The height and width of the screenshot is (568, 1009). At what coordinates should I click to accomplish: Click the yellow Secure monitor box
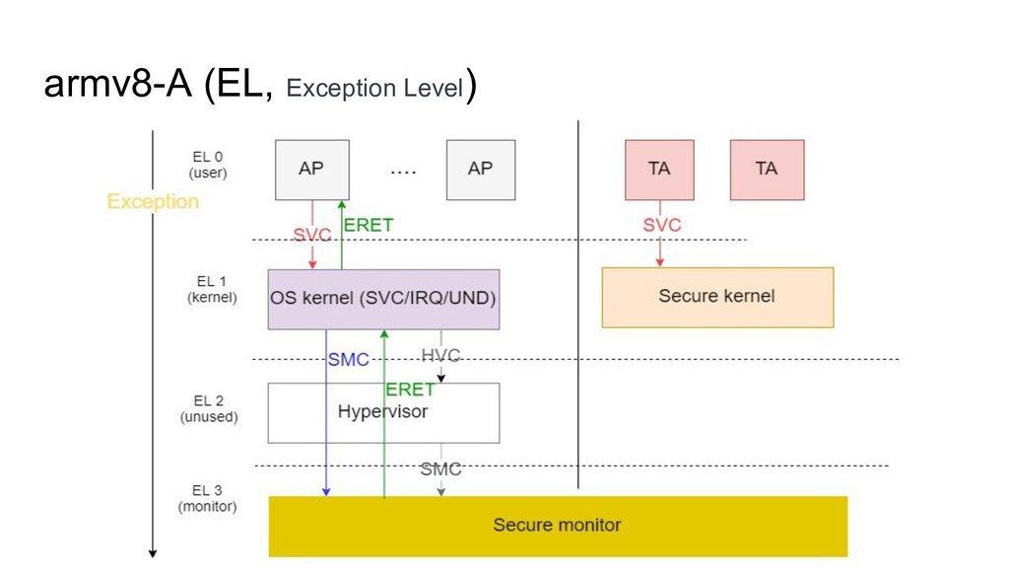click(558, 527)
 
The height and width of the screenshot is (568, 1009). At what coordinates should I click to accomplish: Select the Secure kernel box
click(717, 298)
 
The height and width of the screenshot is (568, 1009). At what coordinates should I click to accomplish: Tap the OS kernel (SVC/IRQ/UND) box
click(383, 300)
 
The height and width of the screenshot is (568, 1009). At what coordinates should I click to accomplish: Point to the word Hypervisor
click(383, 411)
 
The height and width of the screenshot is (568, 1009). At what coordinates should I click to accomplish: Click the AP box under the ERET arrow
click(312, 170)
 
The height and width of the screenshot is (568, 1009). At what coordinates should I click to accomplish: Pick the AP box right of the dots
click(481, 170)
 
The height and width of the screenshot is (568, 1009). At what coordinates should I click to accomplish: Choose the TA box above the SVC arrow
click(659, 170)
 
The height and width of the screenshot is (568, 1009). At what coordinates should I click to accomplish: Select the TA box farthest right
click(767, 170)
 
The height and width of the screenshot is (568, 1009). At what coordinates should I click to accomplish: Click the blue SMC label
click(349, 359)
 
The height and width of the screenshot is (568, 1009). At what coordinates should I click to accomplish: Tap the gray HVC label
click(440, 355)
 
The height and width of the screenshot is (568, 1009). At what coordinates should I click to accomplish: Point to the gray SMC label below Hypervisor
click(440, 468)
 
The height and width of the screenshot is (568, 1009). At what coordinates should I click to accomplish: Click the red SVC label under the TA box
click(662, 225)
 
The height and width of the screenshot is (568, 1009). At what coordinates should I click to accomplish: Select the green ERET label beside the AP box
click(369, 225)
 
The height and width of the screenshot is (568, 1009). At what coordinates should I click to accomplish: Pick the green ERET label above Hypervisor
click(410, 390)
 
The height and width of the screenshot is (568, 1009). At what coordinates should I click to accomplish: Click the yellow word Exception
click(153, 201)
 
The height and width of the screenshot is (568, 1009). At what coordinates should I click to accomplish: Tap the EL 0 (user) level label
click(208, 165)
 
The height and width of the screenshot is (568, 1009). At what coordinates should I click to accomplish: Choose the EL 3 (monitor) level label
click(207, 498)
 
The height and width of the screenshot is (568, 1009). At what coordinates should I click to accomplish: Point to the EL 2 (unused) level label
click(209, 409)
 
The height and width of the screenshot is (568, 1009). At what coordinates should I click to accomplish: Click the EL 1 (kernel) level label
click(212, 290)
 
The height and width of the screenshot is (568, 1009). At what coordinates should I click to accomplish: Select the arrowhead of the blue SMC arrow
click(326, 492)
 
